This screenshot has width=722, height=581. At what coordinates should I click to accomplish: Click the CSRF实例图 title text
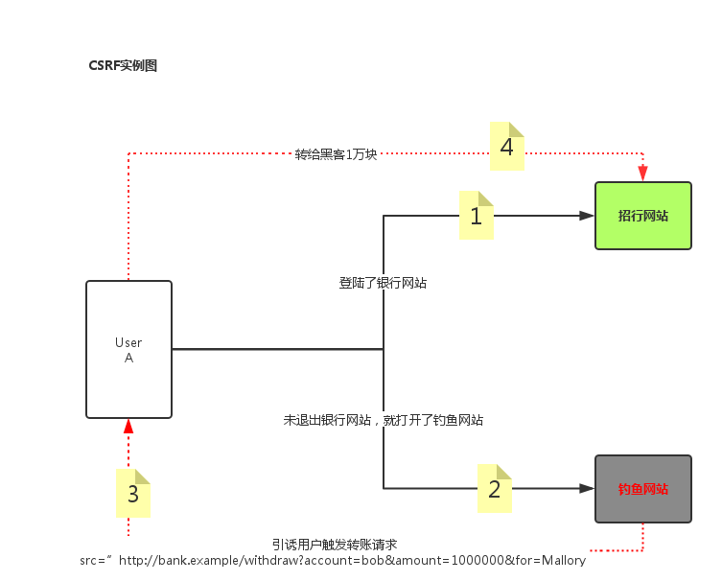122,65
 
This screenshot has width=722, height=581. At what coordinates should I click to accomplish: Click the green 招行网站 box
642,216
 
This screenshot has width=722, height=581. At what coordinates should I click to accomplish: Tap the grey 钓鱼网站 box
642,489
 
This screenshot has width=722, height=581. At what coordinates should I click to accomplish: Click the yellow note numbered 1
477,216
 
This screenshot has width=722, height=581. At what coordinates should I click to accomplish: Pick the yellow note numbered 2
495,489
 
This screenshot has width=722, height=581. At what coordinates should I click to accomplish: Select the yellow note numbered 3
133,494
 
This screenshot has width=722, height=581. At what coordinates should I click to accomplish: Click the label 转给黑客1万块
337,153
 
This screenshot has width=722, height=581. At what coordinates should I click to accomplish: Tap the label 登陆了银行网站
383,282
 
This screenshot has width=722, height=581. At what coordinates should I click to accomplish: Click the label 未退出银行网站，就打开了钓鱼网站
384,419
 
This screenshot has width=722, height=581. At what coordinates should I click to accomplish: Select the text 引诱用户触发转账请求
334,544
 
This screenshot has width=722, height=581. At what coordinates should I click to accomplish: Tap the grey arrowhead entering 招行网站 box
586,216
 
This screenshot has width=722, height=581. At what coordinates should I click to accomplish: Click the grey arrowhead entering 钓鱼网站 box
586,489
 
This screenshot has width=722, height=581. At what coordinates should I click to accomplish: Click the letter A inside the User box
128,358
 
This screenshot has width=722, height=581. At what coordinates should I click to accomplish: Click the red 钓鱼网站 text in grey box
642,489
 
